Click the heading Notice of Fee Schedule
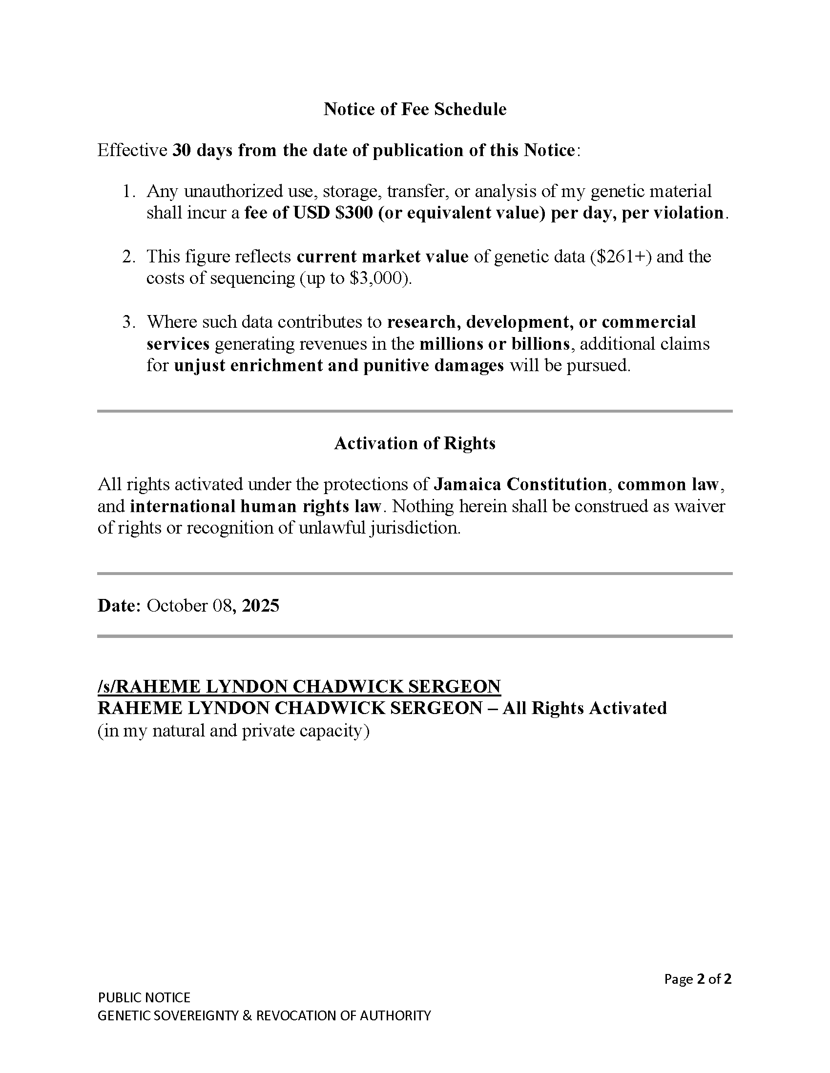(x=415, y=109)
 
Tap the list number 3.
(x=128, y=322)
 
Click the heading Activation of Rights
(x=415, y=443)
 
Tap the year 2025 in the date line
(x=261, y=606)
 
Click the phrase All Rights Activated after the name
(x=584, y=709)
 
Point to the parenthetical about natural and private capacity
(x=233, y=731)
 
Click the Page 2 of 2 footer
(x=697, y=979)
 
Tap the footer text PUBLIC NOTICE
(x=144, y=997)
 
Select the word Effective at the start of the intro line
(x=132, y=150)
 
